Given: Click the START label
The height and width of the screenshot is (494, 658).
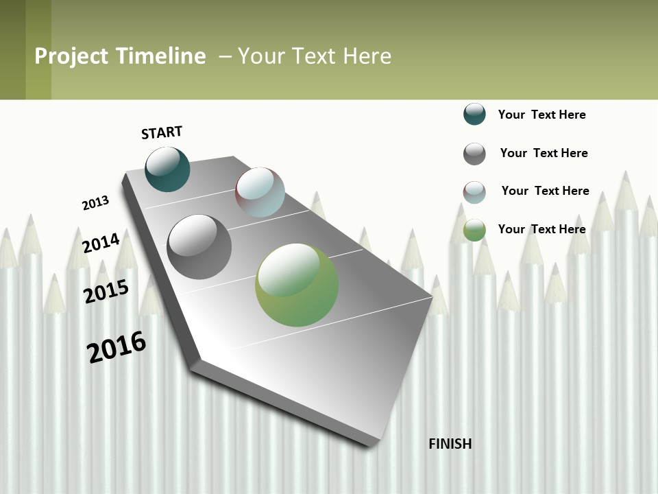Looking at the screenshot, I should [162, 132].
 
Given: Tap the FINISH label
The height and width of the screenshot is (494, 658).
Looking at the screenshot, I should [450, 444].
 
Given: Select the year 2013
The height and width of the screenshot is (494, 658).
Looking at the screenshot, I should [95, 203].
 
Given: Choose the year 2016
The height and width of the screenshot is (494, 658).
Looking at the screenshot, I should [117, 347].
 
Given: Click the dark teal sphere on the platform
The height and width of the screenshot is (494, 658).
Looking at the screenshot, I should [167, 169].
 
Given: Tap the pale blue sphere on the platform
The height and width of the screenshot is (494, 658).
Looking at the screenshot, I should [260, 192].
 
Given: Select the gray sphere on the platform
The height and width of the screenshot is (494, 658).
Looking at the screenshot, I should [199, 247].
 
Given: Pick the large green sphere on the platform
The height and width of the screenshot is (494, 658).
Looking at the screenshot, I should [297, 285].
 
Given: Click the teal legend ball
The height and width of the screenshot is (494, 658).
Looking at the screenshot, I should [474, 114].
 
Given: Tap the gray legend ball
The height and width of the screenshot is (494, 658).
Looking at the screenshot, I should [474, 154].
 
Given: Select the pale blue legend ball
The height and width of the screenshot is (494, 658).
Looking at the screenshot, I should [474, 192].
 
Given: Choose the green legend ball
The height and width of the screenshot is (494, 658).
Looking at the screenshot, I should [474, 230].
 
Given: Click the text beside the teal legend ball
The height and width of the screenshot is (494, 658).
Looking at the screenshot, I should [541, 115].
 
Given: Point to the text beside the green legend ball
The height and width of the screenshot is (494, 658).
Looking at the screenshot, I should [541, 229].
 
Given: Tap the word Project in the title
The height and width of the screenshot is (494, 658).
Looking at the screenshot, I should [71, 56].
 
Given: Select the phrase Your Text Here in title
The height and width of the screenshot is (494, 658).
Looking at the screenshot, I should [315, 56].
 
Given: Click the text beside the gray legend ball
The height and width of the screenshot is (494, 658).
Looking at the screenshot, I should [544, 153].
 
